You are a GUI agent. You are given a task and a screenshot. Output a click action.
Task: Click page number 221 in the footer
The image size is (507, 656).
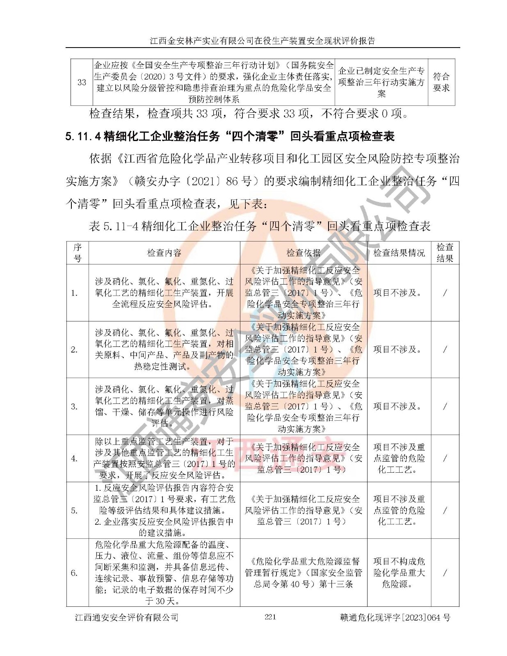coord(270,617)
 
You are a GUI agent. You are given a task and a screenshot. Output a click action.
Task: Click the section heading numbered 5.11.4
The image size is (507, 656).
coord(230,136)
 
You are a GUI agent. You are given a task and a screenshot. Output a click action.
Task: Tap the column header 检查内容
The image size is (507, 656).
coord(164,253)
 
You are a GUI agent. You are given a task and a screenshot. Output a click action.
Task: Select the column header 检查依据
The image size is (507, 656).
coord(304,253)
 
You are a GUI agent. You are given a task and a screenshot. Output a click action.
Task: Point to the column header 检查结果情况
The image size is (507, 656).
coord(399,253)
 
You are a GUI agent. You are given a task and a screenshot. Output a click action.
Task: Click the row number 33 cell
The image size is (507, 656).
coord(82,82)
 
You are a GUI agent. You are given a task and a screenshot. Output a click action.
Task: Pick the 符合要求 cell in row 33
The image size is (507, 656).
coord(441,82)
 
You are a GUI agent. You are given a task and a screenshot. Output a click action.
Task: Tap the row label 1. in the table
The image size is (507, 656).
coord(74,293)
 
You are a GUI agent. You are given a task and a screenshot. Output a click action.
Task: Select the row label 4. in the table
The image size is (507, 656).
coord(74,458)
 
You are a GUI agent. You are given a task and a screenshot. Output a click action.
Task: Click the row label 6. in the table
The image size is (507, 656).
coord(74,573)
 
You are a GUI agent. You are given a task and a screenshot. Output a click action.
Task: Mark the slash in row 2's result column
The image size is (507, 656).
coord(445,349)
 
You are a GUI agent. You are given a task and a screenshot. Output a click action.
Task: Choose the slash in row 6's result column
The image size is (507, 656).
coord(445,573)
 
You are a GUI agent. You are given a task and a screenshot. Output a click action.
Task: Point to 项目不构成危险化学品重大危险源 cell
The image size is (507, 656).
coord(399,573)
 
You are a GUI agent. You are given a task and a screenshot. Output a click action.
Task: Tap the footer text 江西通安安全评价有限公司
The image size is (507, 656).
coord(127,617)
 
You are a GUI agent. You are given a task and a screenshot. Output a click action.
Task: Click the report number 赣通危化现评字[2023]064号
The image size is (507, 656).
coord(395,617)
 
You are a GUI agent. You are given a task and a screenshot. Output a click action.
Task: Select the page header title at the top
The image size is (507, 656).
coord(263,41)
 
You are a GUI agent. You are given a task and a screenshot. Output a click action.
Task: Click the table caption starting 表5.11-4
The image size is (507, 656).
coord(260,226)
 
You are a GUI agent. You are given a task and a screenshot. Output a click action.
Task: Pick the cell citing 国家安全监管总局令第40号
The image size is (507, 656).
coord(304,573)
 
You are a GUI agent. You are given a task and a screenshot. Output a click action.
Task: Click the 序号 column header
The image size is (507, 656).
coord(78,253)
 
